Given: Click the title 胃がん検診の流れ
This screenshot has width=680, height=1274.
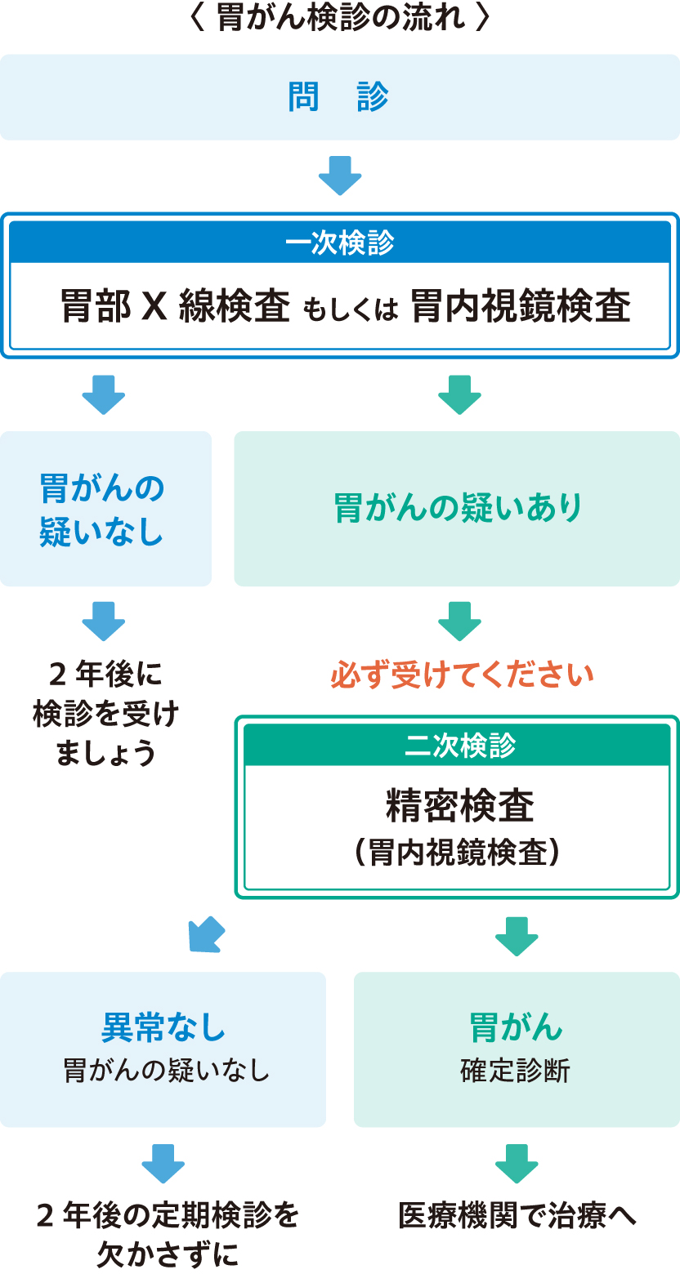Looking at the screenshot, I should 339,20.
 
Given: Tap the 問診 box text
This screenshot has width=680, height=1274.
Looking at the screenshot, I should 339,97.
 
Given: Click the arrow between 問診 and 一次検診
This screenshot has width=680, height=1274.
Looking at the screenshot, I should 339,175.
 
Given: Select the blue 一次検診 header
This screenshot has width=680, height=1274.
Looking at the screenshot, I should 339,243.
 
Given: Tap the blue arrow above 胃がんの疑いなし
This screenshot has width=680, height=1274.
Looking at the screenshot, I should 104,394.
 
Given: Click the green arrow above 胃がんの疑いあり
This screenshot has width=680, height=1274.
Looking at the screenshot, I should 459,394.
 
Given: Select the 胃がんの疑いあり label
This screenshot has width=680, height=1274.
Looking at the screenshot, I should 458,508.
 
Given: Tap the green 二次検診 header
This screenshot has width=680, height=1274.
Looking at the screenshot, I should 459,745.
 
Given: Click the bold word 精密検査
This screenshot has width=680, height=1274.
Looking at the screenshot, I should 459,806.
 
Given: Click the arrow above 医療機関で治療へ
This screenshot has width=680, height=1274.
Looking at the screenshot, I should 517,1164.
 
